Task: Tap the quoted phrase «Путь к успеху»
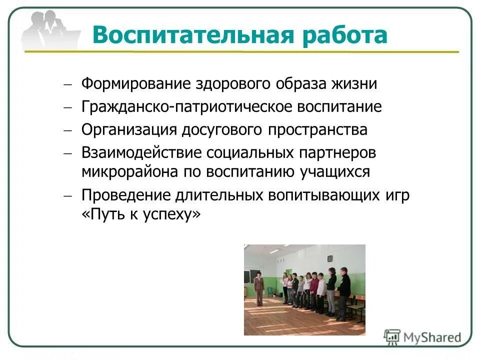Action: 141,214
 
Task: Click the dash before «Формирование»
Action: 67,84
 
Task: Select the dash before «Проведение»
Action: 67,195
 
